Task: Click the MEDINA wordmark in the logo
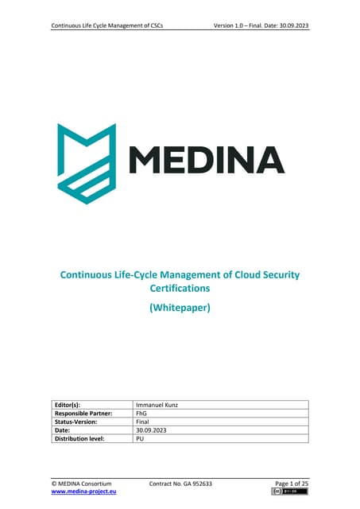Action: click(206, 161)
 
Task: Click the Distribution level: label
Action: click(84, 438)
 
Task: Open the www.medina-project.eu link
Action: click(85, 492)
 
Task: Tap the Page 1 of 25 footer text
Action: click(290, 484)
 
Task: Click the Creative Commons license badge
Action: click(289, 493)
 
